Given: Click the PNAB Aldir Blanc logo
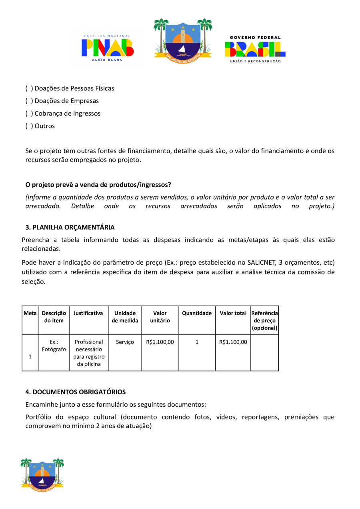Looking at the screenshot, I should [x=108, y=48].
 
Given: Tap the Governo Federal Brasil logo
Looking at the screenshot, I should [x=255, y=49].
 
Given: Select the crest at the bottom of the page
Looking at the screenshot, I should [x=42, y=475].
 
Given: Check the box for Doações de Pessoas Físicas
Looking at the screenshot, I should [x=29, y=88].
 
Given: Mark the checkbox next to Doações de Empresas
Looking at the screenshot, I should [x=29, y=101].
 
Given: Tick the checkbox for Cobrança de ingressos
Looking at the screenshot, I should [x=29, y=114].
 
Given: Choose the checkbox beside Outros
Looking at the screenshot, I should [x=29, y=126].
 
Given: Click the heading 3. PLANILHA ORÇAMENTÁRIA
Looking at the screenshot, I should [x=70, y=227].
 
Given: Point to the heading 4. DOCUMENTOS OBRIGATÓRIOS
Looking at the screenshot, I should [x=76, y=392].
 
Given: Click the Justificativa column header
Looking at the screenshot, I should [x=88, y=313].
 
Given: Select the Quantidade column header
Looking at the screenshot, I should [x=197, y=313].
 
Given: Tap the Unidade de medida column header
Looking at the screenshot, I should [x=125, y=317].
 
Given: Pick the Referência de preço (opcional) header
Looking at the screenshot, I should [x=264, y=320].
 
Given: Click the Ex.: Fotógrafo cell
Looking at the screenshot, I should [x=54, y=345].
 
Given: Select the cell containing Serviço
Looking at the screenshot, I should [x=125, y=342].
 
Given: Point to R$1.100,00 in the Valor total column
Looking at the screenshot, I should [x=233, y=342].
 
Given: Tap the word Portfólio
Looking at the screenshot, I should [x=38, y=417].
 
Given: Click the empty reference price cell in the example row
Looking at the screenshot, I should [x=264, y=353].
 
